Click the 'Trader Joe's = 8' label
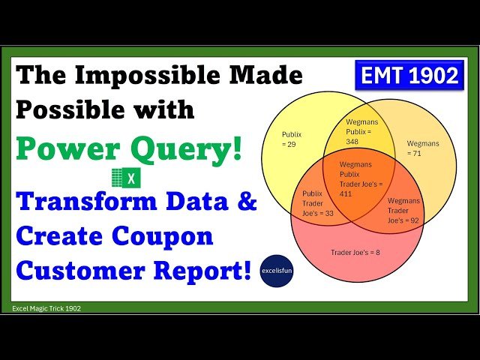click(x=355, y=252)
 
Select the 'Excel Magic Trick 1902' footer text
click(x=46, y=308)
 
